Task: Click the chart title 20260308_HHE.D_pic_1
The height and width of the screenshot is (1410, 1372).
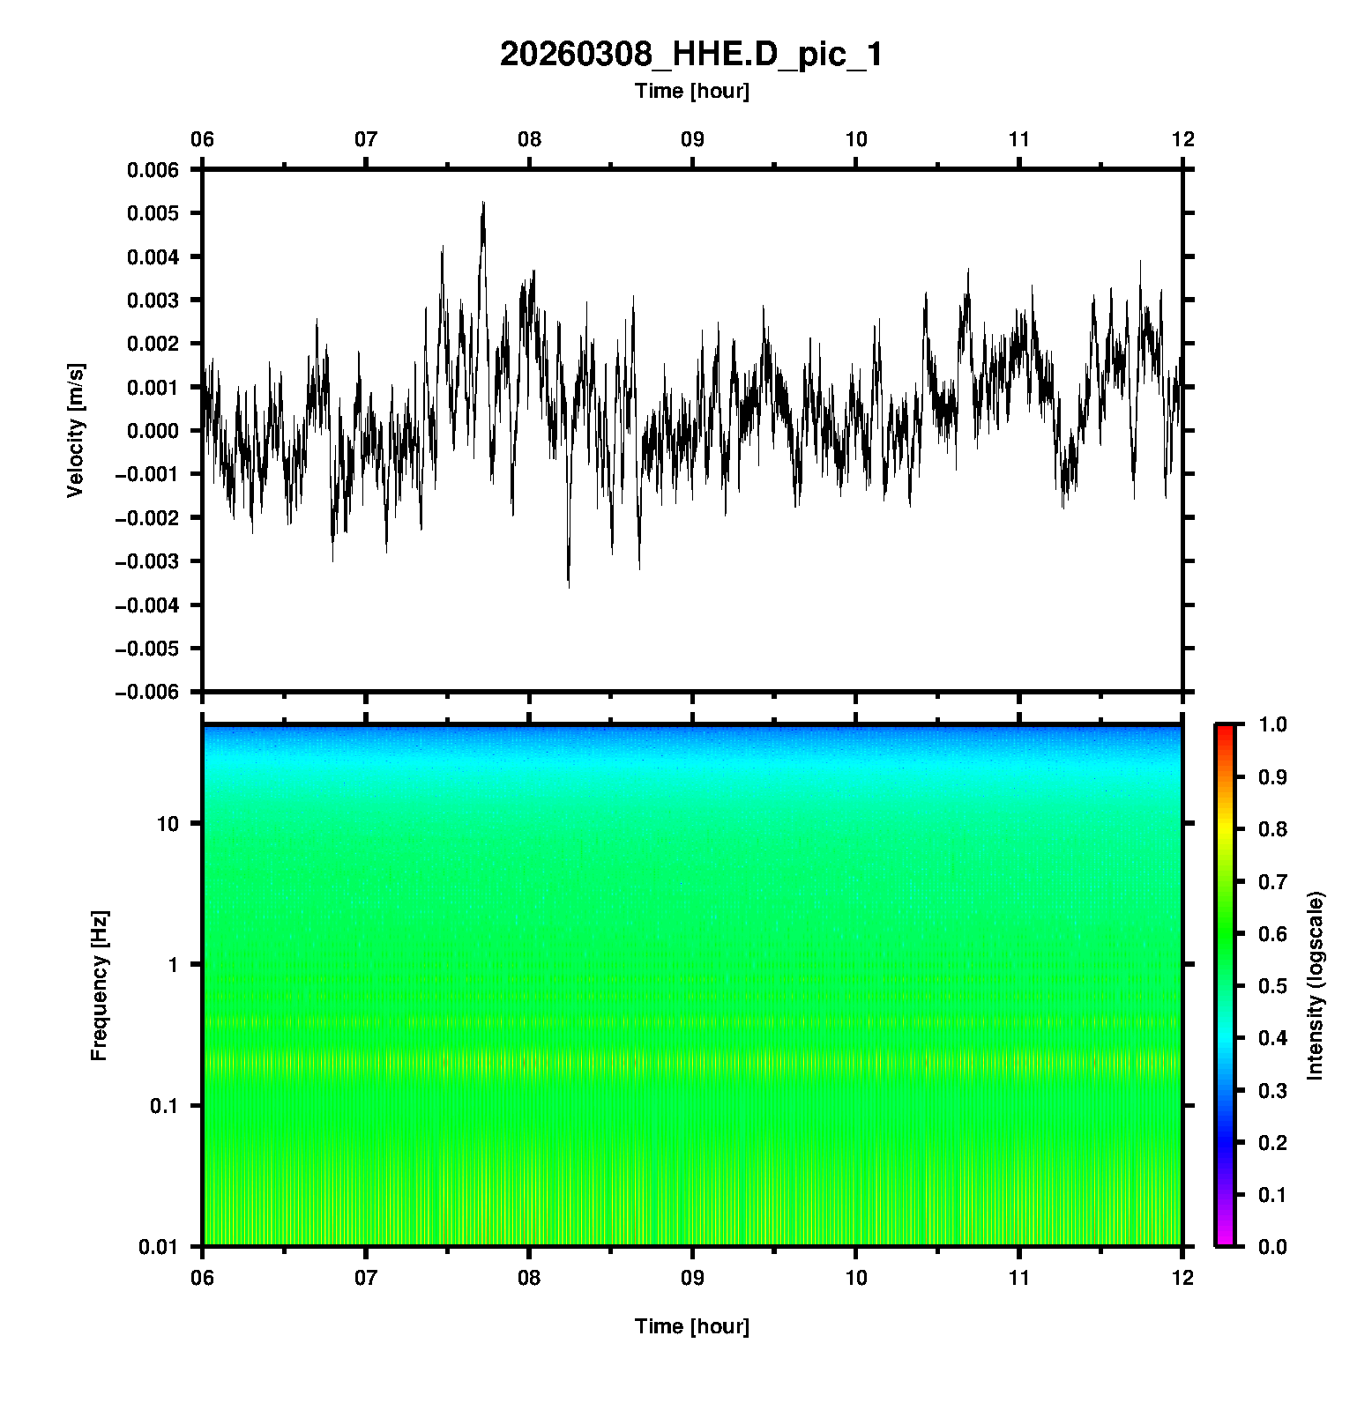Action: [690, 55]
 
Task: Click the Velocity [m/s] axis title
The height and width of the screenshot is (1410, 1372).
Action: [76, 430]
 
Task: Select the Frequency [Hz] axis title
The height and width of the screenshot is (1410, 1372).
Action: [99, 985]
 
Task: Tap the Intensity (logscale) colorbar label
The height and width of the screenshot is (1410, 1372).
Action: [1316, 985]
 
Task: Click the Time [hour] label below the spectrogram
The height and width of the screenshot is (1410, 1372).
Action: [691, 1326]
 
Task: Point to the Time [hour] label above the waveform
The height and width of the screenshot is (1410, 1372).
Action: [691, 91]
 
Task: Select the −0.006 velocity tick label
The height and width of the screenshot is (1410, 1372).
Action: [146, 692]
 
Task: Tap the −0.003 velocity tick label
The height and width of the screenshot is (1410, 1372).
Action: [146, 561]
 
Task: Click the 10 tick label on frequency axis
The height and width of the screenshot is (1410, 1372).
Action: [167, 824]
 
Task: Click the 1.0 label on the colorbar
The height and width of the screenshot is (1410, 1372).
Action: [1273, 724]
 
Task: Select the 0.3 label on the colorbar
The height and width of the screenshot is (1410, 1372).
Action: [1273, 1090]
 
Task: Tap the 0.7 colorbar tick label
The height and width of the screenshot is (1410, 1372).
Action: [1273, 881]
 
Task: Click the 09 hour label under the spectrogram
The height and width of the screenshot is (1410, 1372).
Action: [692, 1277]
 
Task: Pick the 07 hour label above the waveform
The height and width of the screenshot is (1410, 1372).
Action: [366, 139]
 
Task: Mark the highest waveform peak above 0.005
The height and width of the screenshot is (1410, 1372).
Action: [483, 204]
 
